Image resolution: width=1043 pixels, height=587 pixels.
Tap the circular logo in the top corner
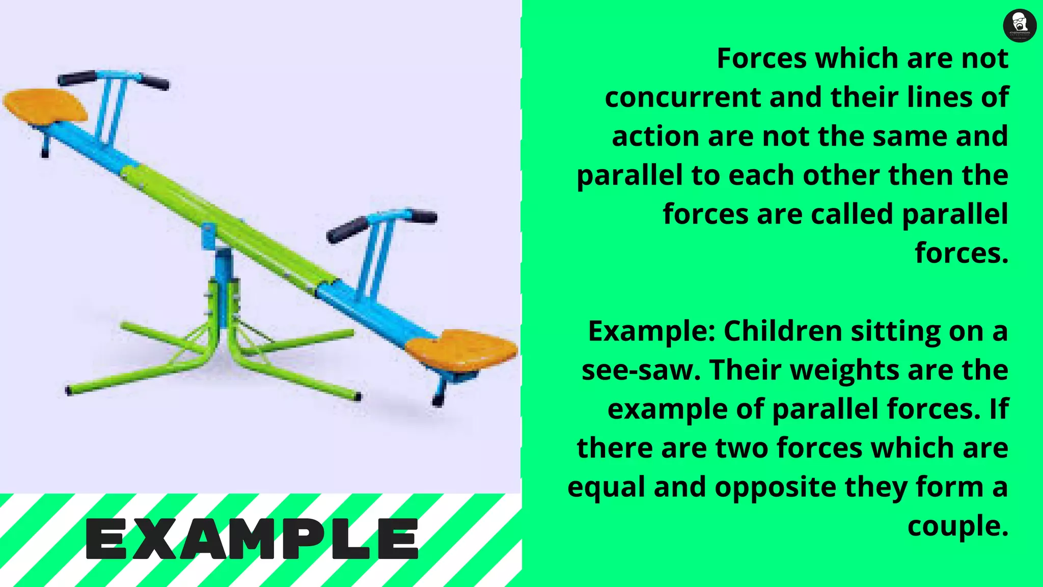[1019, 25]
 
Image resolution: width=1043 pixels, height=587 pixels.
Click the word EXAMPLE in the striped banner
[252, 539]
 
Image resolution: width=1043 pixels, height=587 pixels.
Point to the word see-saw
[641, 370]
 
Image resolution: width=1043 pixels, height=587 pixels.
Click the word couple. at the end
[957, 526]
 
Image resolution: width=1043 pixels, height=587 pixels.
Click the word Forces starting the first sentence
[762, 58]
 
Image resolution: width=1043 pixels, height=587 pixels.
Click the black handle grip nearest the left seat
[77, 78]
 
